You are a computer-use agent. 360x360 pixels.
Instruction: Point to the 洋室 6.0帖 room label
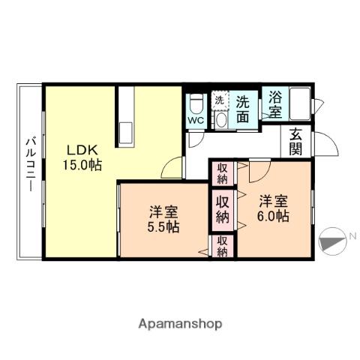tap(274, 208)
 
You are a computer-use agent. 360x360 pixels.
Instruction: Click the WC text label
tap(195, 119)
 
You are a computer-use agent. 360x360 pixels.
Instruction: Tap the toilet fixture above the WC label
tap(195, 102)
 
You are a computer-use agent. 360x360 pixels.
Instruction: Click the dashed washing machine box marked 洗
tap(220, 100)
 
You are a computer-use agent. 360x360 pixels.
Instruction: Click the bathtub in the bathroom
tap(300, 103)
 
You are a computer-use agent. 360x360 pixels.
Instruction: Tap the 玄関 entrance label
tap(296, 142)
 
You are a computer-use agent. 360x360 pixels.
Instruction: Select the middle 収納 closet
tap(223, 208)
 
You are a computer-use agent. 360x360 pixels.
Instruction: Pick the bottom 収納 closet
tap(223, 247)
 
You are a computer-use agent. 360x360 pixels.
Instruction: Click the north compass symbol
tap(330, 242)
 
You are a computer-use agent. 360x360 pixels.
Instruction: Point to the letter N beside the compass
tap(352, 238)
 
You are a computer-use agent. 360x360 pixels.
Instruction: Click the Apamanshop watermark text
tap(180, 324)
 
